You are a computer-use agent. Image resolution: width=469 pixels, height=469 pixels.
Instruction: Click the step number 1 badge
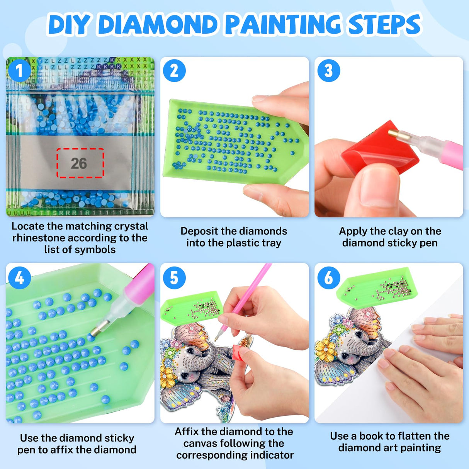[19, 71]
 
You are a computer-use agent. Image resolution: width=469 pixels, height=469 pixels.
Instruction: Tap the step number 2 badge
[174, 71]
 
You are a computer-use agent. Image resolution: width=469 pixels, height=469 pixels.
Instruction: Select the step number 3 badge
[328, 71]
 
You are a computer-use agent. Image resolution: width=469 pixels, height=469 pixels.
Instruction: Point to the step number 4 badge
[19, 277]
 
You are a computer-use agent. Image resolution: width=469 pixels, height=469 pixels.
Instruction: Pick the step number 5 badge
[174, 277]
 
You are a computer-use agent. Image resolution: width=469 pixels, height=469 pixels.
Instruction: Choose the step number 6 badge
[328, 277]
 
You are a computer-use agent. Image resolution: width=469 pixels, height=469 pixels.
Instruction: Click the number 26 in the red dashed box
[79, 163]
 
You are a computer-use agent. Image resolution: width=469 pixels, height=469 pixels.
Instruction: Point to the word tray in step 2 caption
[271, 243]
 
